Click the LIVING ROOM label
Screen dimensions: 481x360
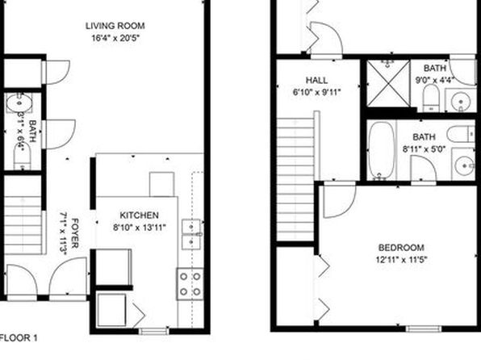115,26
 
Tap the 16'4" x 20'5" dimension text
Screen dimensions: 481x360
115,39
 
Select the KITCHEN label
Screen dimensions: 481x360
139,216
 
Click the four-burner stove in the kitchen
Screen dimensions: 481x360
190,284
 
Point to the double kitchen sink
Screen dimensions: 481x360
192,234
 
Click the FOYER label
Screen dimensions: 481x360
74,233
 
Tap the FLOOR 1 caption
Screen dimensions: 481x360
19,338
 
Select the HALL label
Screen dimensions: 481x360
316,81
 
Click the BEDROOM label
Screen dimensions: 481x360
401,247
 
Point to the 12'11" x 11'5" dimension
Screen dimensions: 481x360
402,260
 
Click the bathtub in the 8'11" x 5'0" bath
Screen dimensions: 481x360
381,150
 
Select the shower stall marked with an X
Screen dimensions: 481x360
388,83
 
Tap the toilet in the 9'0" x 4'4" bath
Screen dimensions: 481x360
431,98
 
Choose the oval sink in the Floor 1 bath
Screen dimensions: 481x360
19,103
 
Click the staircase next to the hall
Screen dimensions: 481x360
295,179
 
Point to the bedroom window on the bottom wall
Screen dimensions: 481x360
424,329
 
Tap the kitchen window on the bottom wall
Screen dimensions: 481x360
153,331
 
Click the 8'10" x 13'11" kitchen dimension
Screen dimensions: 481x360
140,228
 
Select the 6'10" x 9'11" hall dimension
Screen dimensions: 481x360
317,92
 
